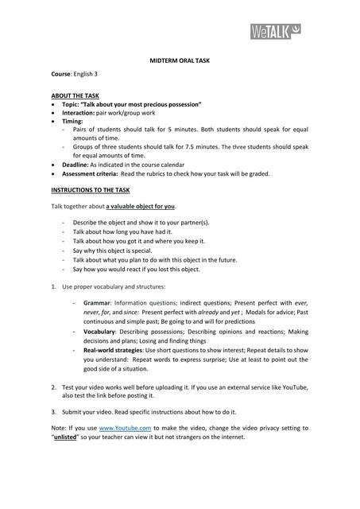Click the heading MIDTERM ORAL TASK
click(180, 60)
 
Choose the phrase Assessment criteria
click(89, 173)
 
